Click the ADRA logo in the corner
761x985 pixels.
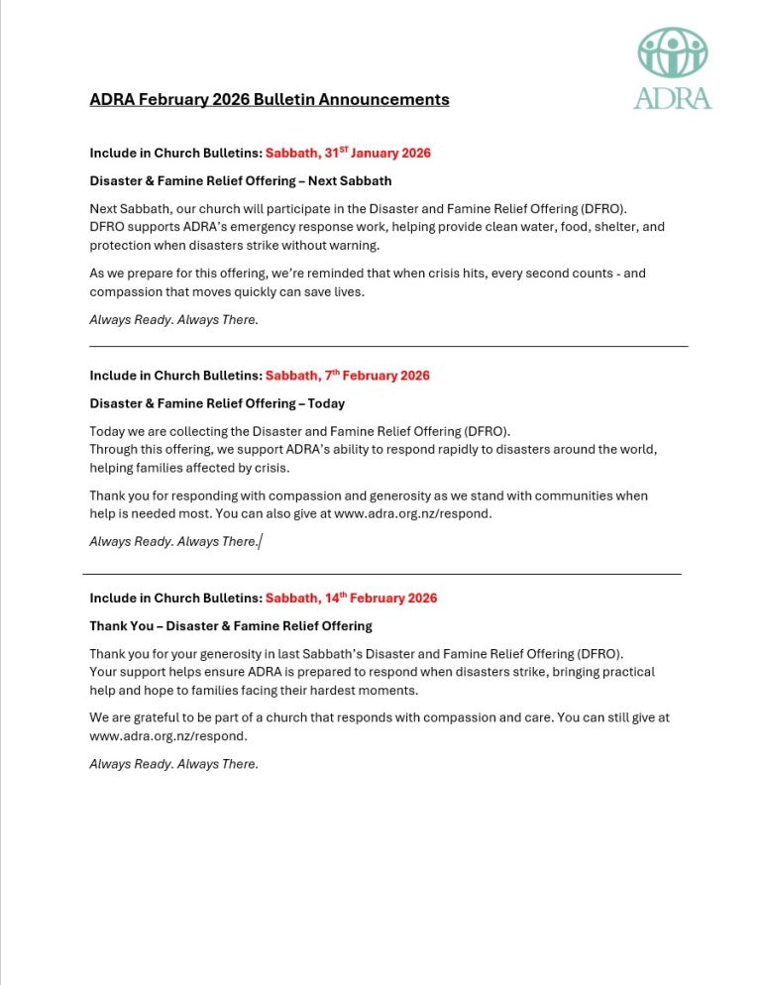673,67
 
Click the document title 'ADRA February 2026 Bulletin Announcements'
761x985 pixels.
269,99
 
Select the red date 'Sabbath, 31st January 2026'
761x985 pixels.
348,153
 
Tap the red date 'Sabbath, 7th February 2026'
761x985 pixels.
347,376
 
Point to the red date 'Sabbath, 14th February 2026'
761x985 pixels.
351,599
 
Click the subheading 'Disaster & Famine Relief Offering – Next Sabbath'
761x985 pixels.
241,181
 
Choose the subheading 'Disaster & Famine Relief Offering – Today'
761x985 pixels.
217,403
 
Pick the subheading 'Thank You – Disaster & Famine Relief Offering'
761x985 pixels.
231,626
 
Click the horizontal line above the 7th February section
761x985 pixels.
388,347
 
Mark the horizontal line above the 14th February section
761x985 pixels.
381,574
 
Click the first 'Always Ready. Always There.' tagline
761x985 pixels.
173,320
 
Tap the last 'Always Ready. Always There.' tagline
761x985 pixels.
173,764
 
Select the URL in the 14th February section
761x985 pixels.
167,736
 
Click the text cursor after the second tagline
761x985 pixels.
261,542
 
